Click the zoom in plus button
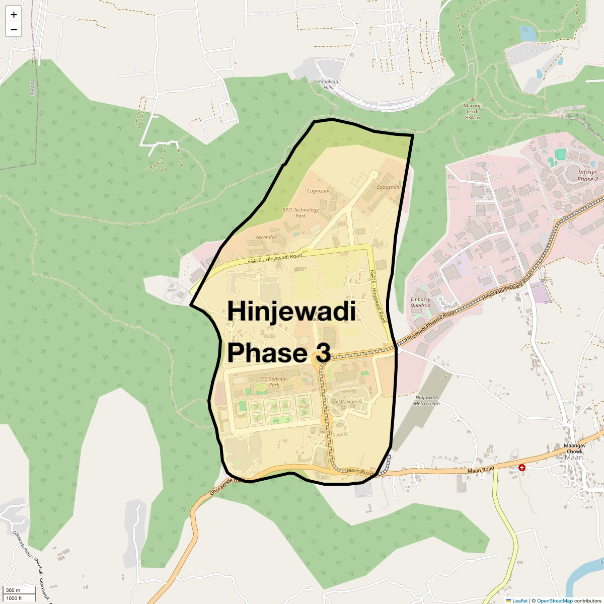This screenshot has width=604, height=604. (14, 15)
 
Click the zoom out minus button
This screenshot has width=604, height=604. (14, 30)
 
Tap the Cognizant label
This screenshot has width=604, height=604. (319, 191)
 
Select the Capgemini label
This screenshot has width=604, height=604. (389, 187)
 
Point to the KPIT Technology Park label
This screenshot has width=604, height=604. (300, 213)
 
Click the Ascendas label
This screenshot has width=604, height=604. (266, 237)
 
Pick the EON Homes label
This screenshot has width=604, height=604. (349, 402)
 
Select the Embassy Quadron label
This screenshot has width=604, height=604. (420, 303)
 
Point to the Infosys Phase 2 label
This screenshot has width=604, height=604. (587, 176)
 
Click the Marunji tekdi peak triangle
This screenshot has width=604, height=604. (472, 100)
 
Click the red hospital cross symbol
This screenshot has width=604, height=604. (522, 468)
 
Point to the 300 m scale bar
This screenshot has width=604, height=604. (13, 590)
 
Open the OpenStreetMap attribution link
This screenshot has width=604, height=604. (554, 600)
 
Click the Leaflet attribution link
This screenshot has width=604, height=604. (520, 600)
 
